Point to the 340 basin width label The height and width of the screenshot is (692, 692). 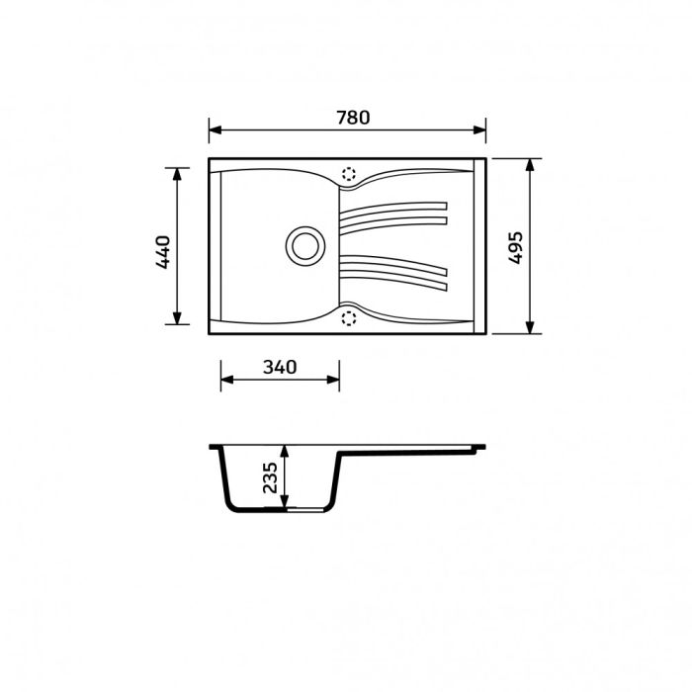[x=280, y=367]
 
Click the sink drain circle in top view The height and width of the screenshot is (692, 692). [x=304, y=244]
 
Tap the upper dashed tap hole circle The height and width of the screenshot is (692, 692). [x=348, y=174]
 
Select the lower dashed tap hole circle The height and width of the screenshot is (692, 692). [x=348, y=317]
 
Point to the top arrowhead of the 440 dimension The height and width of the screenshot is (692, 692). [x=178, y=173]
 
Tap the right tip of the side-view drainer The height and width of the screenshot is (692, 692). [x=484, y=449]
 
